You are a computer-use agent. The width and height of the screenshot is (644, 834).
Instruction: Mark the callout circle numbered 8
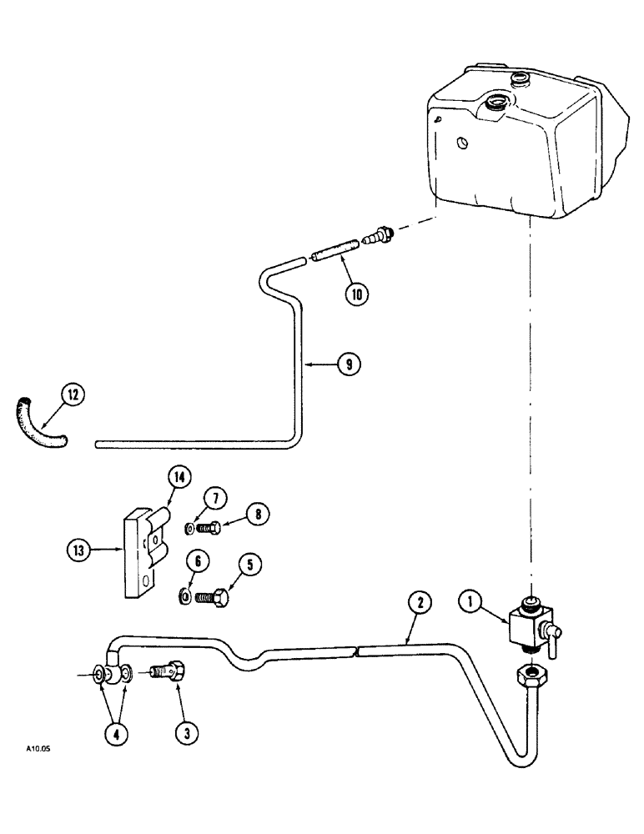257,515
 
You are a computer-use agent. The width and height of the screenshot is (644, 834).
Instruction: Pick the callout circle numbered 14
179,479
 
